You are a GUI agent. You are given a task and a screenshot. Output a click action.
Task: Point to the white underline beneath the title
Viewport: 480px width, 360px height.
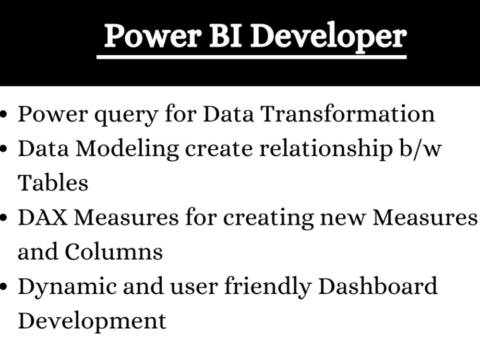[x=252, y=57]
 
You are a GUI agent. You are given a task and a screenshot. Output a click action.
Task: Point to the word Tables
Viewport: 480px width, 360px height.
[x=53, y=183]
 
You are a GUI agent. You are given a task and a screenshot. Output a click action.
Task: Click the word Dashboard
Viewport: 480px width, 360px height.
[x=378, y=286]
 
